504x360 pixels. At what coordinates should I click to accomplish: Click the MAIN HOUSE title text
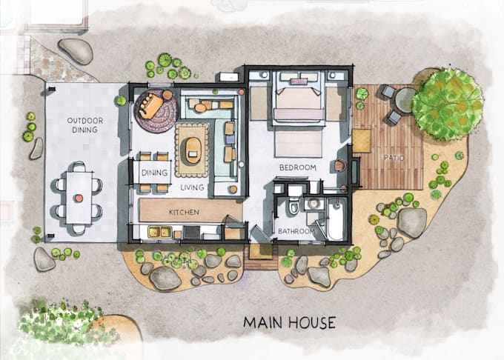pyautogui.click(x=290, y=322)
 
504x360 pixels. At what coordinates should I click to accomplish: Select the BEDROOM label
pyautogui.click(x=298, y=168)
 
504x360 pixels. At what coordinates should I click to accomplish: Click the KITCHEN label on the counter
pyautogui.click(x=184, y=213)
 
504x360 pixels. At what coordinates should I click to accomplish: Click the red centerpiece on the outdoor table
pyautogui.click(x=78, y=198)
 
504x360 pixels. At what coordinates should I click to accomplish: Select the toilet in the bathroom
pyautogui.click(x=294, y=205)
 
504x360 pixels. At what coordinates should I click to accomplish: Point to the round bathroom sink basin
pyautogui.click(x=314, y=203)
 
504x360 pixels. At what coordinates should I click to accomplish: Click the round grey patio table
pyautogui.click(x=405, y=100)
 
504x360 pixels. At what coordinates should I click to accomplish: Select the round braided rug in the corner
pyautogui.click(x=155, y=113)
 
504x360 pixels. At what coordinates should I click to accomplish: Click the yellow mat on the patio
pyautogui.click(x=361, y=141)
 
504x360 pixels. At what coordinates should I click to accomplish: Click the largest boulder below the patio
pyautogui.click(x=412, y=222)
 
